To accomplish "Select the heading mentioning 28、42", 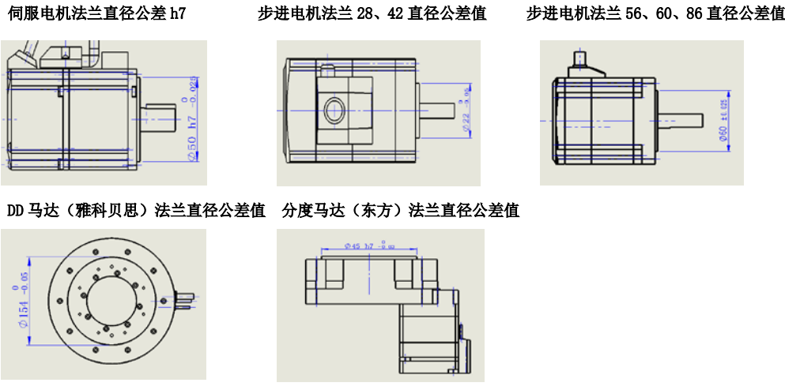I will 372,13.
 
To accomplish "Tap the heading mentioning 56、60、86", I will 655,13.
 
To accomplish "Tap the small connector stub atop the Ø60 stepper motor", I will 581,58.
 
